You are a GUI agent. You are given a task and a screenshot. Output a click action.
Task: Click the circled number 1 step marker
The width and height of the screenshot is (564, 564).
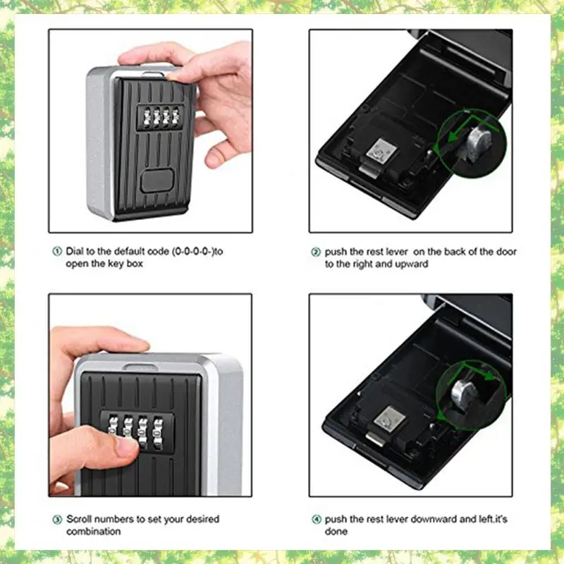click(56, 251)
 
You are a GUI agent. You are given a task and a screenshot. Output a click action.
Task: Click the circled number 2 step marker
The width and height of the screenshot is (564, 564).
click(315, 252)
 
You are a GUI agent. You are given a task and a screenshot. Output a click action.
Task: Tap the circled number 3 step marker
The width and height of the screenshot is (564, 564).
click(56, 520)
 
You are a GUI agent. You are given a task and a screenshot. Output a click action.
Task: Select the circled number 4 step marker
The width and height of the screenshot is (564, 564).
click(315, 520)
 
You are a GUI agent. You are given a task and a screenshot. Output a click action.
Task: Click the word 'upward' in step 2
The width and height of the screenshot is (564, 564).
click(412, 264)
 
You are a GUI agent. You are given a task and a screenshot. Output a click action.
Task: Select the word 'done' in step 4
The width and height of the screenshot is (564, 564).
click(336, 532)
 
